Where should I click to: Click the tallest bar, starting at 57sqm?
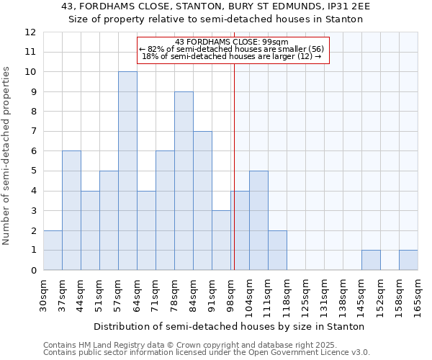point(127,171)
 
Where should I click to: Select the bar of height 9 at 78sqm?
point(184,181)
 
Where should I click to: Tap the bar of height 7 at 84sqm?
point(202,201)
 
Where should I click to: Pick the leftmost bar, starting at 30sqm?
point(53,251)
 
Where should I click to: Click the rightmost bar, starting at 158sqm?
point(408,260)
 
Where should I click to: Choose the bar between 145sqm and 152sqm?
point(371,260)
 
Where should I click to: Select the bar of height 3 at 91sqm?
point(221,240)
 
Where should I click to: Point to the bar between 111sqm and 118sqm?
point(277,251)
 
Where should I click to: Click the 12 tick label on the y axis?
point(30,32)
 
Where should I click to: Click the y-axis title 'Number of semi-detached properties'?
point(7,156)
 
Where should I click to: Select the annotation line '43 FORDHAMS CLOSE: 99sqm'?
point(232,42)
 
